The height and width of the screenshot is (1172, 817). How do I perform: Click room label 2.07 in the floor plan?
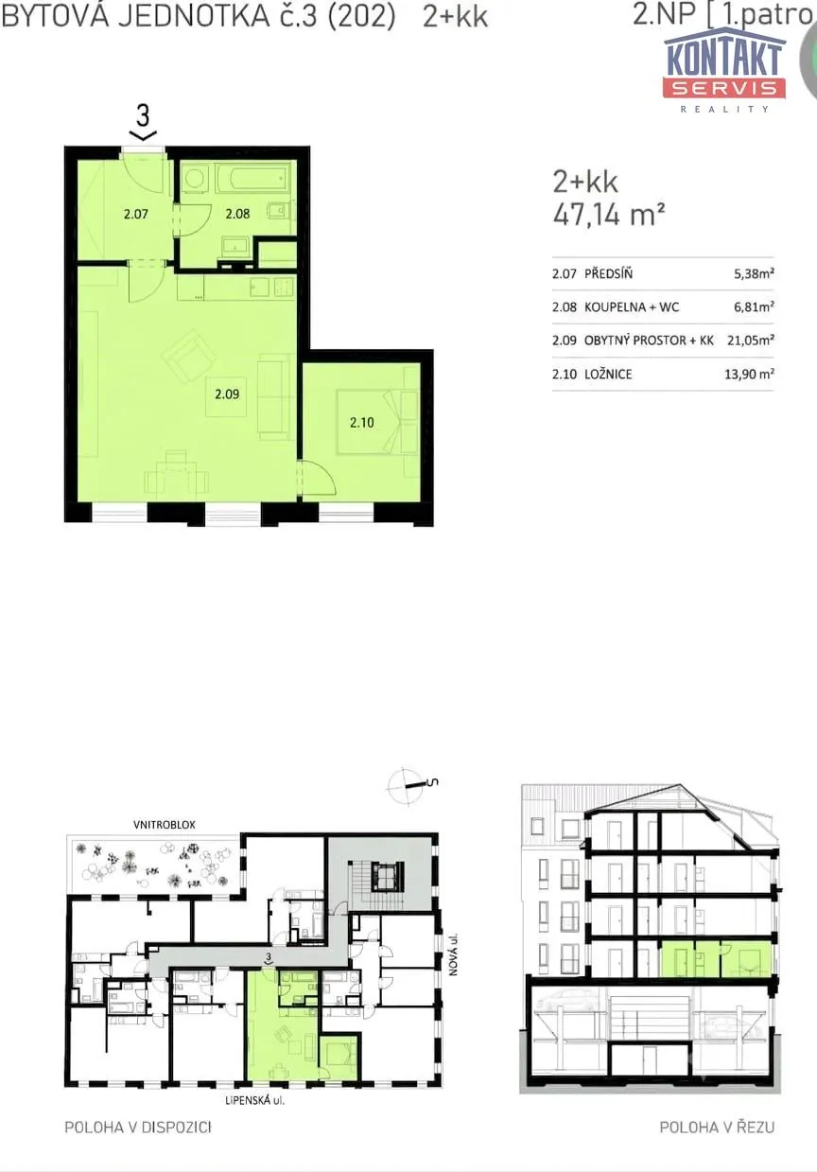pos(135,214)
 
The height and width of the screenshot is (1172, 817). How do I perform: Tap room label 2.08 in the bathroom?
pos(237,214)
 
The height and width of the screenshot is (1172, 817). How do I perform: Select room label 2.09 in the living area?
pos(227,394)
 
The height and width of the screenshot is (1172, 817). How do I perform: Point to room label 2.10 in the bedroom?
pos(362,422)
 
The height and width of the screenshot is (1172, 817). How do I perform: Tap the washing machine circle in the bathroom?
pos(195,180)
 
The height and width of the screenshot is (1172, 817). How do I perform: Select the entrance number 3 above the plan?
pos(143,115)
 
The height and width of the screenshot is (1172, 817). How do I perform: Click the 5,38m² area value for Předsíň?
pos(754,273)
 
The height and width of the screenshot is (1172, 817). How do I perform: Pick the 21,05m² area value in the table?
pos(751,341)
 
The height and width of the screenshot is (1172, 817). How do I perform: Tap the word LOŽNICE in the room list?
pos(608,374)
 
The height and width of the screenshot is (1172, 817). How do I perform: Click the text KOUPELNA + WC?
pos(632,307)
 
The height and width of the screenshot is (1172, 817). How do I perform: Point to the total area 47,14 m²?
pos(609,215)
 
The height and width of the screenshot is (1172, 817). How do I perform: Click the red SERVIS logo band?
pos(724,88)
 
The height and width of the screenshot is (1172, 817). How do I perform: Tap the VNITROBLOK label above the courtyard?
pos(165,825)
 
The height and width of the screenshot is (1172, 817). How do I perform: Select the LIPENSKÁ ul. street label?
pos(254,1100)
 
